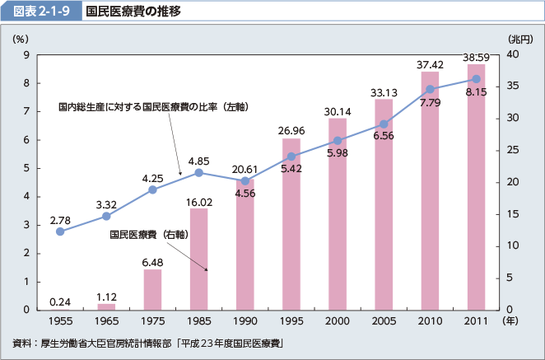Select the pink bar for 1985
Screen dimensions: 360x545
[198, 259]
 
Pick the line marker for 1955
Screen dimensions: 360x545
[60, 231]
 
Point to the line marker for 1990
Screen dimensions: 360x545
[245, 181]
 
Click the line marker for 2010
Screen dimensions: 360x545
[430, 89]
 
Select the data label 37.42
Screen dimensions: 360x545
[430, 64]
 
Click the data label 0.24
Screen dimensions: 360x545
[59, 301]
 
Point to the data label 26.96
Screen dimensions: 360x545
[291, 130]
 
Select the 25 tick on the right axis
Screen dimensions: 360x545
[511, 150]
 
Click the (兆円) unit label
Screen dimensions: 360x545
[520, 39]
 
